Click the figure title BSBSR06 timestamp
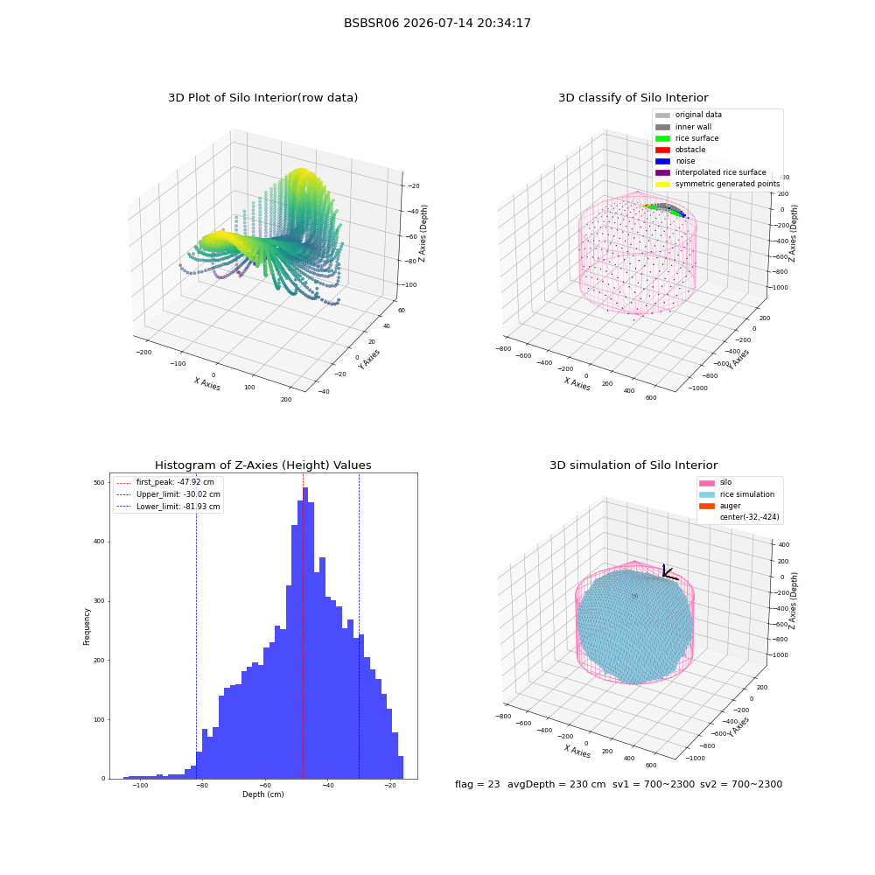point(437,23)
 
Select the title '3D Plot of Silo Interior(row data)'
point(262,98)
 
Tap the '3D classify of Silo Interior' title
point(633,98)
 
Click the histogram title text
point(262,465)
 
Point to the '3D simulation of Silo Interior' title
point(633,465)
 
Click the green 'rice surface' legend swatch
point(662,138)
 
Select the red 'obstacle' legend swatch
point(662,150)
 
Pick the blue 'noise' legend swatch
point(662,161)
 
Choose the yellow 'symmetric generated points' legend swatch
point(662,184)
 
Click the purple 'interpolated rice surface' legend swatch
point(662,172)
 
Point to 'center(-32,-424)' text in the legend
point(750,517)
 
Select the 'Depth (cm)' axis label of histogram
point(262,794)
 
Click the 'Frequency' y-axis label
point(87,626)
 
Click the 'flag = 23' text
point(477,784)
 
